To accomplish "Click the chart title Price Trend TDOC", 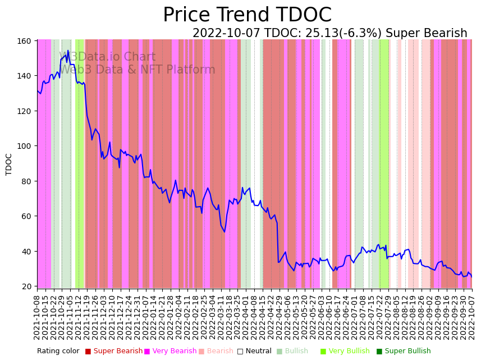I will (x=247, y=15).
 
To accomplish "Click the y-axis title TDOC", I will (x=9, y=164).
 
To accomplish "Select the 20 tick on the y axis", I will (x=26, y=286).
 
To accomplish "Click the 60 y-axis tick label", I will (x=26, y=216).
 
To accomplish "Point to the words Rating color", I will (x=58, y=352).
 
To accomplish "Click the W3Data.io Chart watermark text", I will (x=107, y=57).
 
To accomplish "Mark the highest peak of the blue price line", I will (x=68, y=51).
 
